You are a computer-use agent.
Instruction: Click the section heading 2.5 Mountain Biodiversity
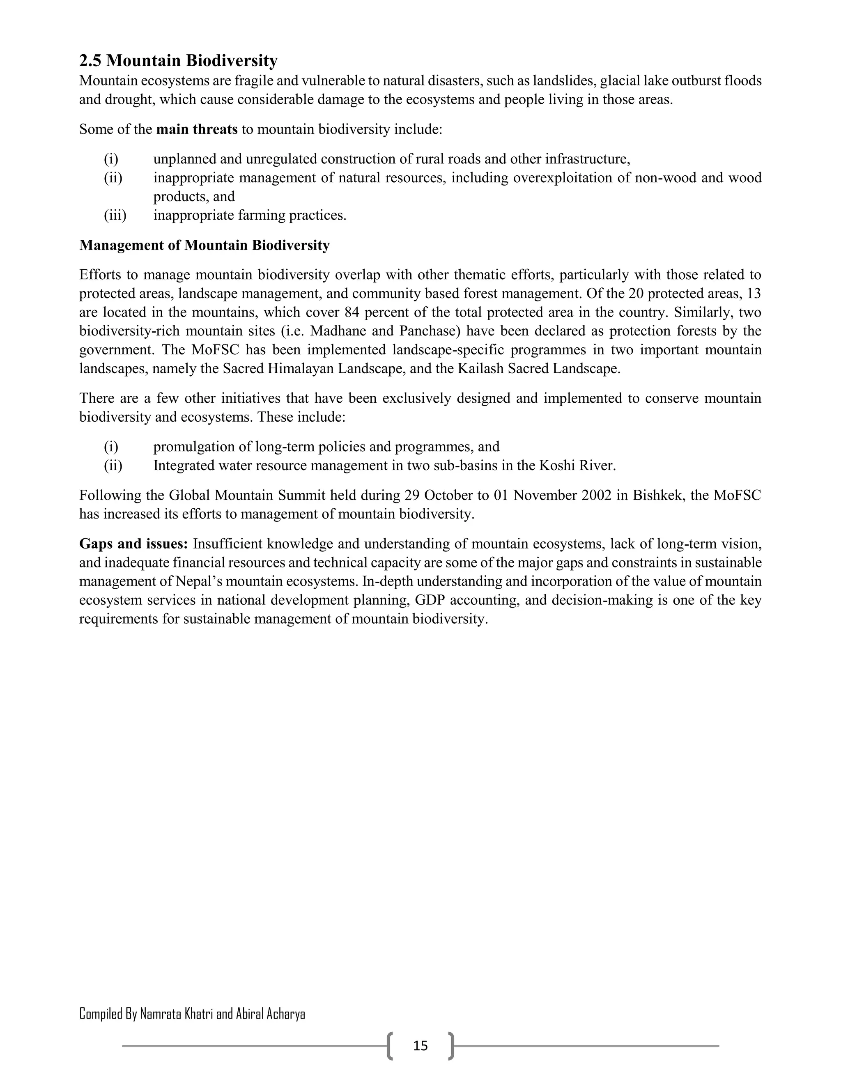pos(178,61)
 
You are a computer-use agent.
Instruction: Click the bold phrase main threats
pos(197,129)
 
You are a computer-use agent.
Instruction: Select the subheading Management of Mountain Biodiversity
pos(204,246)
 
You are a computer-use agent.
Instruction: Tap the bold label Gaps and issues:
pos(133,544)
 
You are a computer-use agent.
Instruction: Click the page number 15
pos(420,1046)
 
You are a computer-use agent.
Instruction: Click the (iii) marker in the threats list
pos(115,216)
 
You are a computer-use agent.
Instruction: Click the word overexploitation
pos(562,178)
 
